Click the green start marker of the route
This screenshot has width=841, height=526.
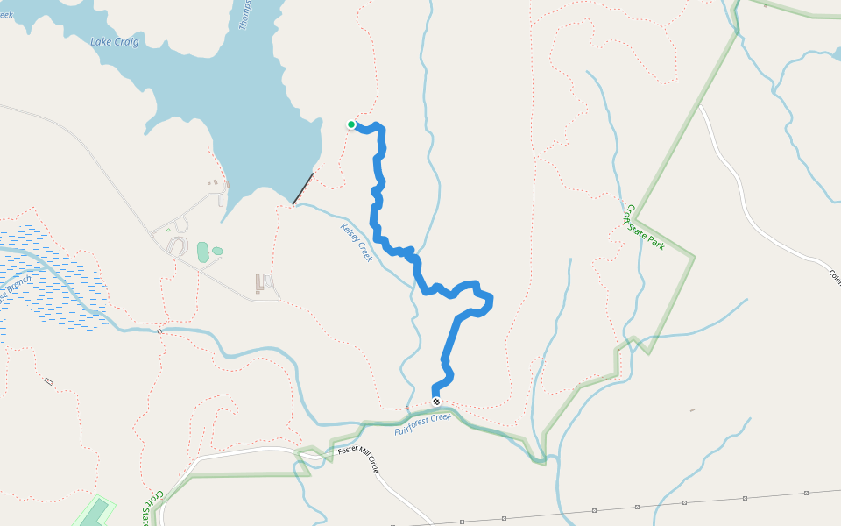coord(351,124)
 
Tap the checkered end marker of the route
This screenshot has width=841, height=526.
coord(436,402)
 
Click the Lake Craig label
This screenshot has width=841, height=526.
coord(115,42)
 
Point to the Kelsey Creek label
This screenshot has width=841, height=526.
coord(357,243)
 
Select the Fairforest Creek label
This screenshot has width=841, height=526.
coord(422,424)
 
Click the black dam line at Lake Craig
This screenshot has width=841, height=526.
coord(303,188)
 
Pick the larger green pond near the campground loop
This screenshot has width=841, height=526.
coord(203,252)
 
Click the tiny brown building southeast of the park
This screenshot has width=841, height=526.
coord(692,409)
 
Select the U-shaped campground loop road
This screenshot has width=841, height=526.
coord(178,245)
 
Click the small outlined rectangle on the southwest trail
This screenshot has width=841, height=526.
coord(48,381)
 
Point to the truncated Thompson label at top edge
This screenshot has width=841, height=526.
coord(246,13)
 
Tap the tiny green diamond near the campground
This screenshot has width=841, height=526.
coord(168,231)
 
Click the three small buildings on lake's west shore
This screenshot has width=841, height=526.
coord(216,183)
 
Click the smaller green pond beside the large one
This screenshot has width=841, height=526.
coord(217,251)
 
